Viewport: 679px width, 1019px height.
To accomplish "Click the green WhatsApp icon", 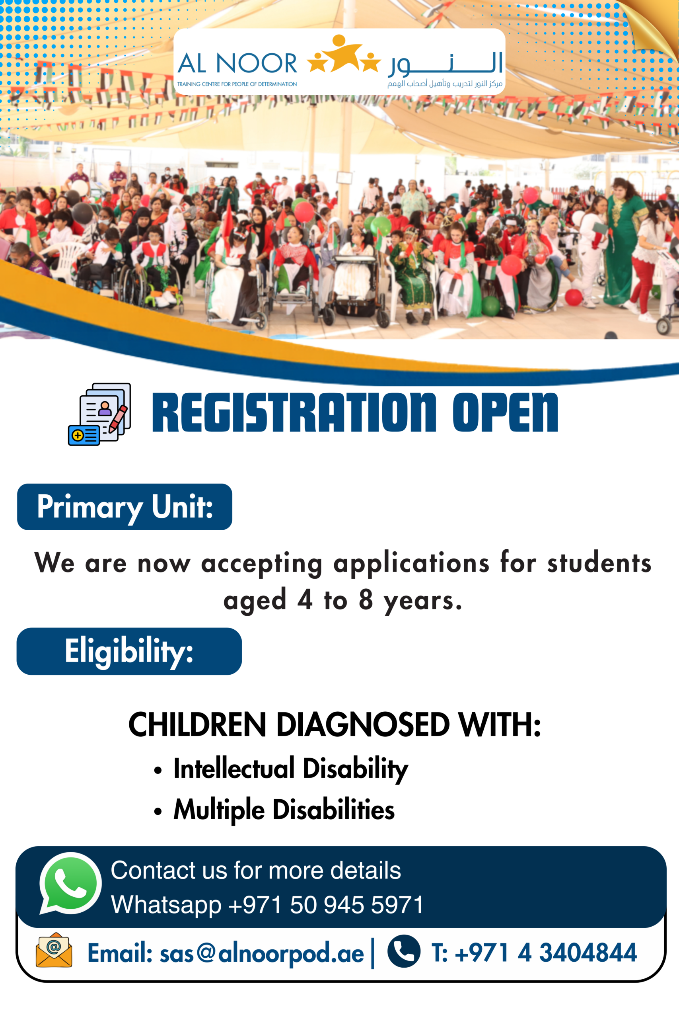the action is (70, 883).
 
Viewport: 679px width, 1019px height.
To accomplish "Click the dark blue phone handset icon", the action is (404, 951).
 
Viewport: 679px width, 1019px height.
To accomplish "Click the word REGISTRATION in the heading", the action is (294, 412).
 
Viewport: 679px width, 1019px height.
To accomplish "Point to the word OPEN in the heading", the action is (505, 412).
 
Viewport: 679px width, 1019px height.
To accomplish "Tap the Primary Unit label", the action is (125, 506).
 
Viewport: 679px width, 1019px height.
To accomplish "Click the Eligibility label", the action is (129, 651).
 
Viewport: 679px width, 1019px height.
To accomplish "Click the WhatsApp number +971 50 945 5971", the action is (326, 905).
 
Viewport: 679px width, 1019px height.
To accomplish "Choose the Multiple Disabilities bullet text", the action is (284, 810).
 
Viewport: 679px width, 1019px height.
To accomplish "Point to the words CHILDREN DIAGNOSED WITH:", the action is (335, 725).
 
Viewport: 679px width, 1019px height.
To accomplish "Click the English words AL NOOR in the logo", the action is (237, 63).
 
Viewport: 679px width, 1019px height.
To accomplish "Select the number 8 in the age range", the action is (366, 599).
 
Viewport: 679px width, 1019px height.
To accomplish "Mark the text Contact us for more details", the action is (256, 870).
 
